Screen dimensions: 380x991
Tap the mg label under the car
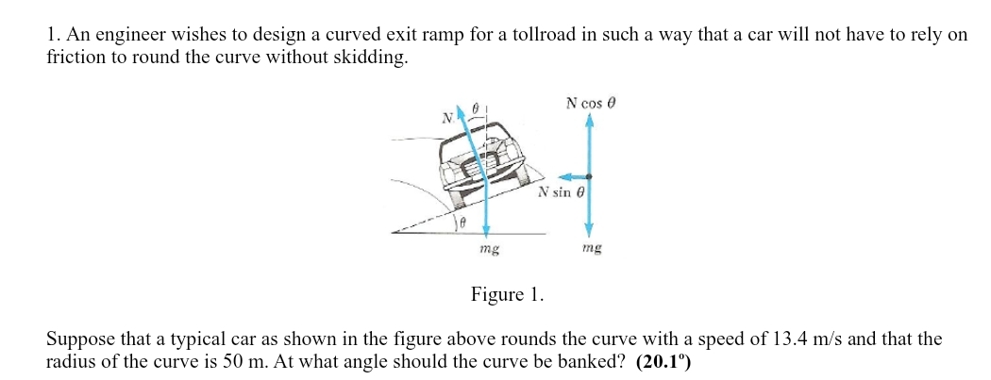(x=488, y=250)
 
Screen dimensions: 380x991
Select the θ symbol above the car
(x=477, y=109)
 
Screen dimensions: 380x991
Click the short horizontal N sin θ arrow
(x=573, y=176)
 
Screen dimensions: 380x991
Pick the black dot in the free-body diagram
(x=589, y=176)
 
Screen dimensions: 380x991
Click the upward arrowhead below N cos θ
(x=589, y=122)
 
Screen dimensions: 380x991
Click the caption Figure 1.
(x=507, y=295)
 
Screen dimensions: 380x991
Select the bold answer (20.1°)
(x=663, y=362)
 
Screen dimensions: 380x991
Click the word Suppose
(x=78, y=339)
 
